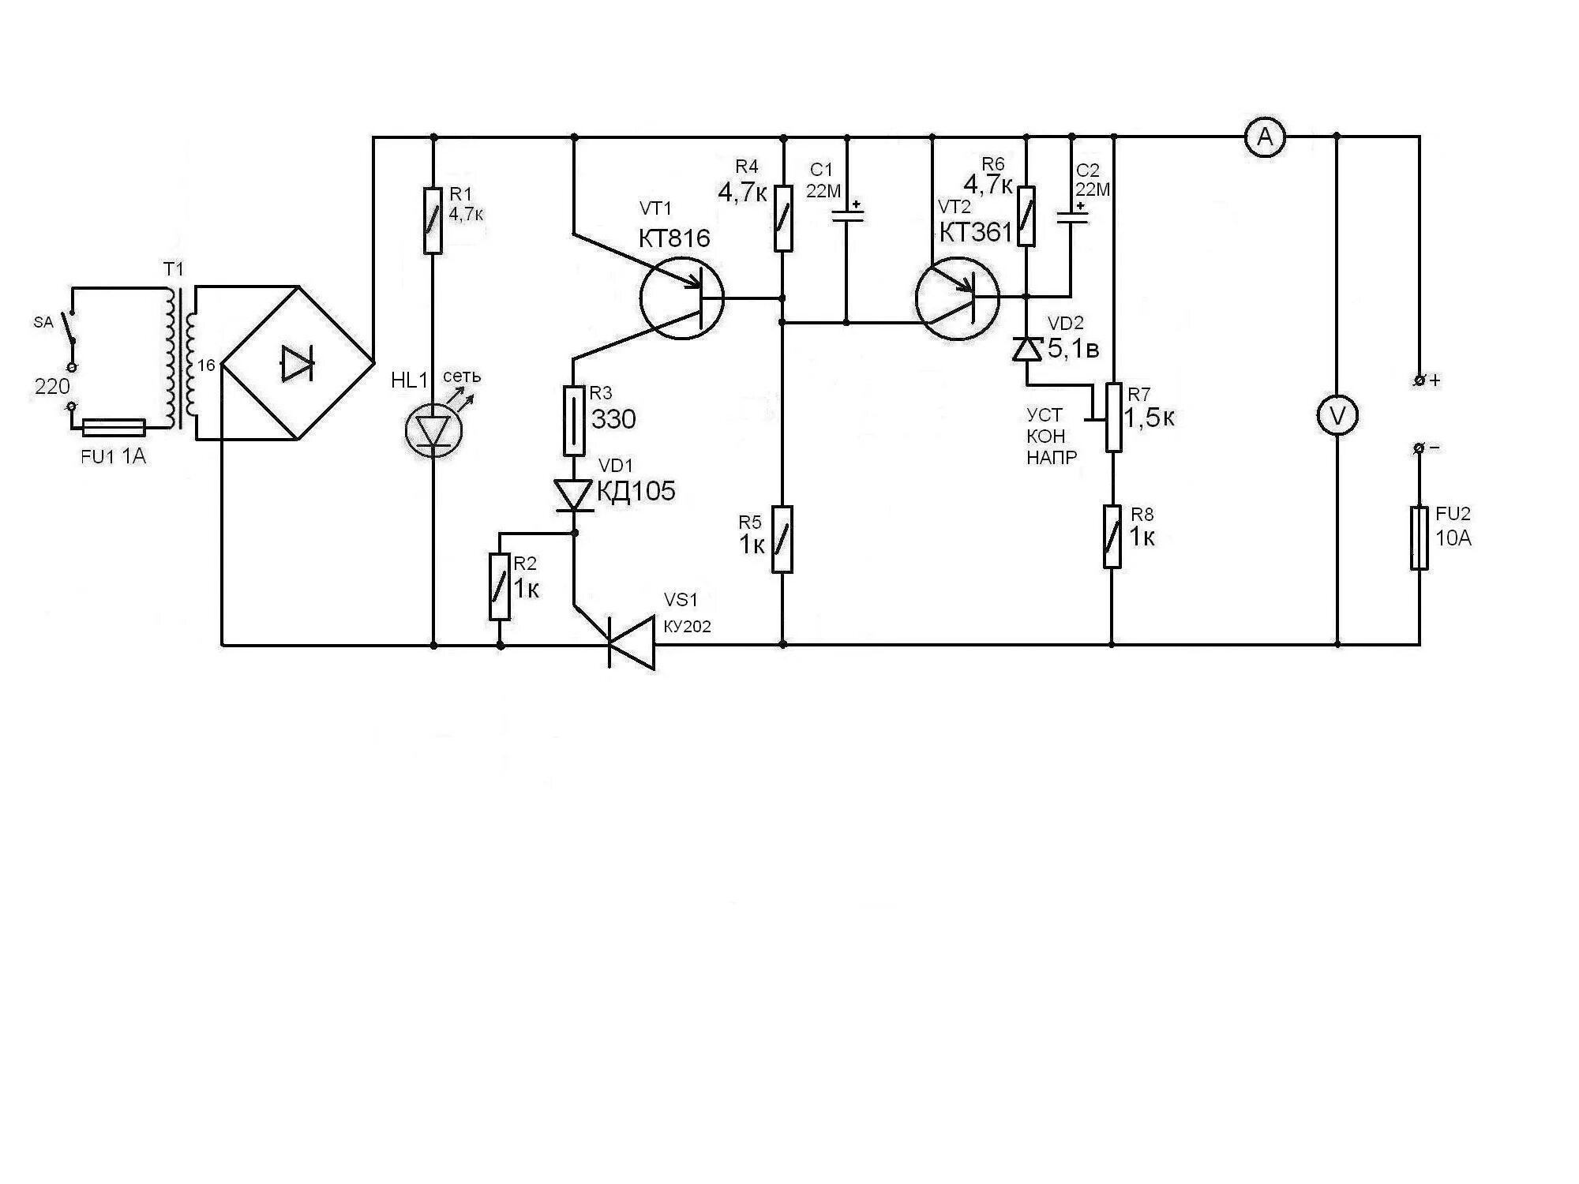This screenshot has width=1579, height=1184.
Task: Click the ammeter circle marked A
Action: [1265, 138]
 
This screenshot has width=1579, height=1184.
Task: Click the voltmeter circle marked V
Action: [1337, 417]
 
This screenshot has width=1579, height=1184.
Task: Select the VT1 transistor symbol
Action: [681, 299]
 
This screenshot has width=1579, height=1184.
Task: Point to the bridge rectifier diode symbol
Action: [297, 364]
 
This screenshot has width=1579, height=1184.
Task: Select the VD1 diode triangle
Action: [574, 495]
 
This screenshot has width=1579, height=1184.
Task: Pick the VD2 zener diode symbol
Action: [1026, 348]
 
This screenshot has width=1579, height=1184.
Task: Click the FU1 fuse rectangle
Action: [114, 428]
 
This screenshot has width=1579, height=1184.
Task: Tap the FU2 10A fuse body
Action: [1419, 538]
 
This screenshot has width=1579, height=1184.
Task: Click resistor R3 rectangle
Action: [574, 420]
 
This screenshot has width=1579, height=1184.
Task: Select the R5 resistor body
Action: [782, 539]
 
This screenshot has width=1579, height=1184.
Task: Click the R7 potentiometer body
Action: [1113, 417]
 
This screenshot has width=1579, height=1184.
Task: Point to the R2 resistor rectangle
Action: [499, 586]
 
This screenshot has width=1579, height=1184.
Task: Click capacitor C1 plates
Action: [847, 214]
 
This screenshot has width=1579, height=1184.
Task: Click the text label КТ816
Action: [674, 238]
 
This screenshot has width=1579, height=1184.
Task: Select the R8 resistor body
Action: [1112, 537]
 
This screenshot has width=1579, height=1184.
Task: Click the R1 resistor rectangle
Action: [433, 220]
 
